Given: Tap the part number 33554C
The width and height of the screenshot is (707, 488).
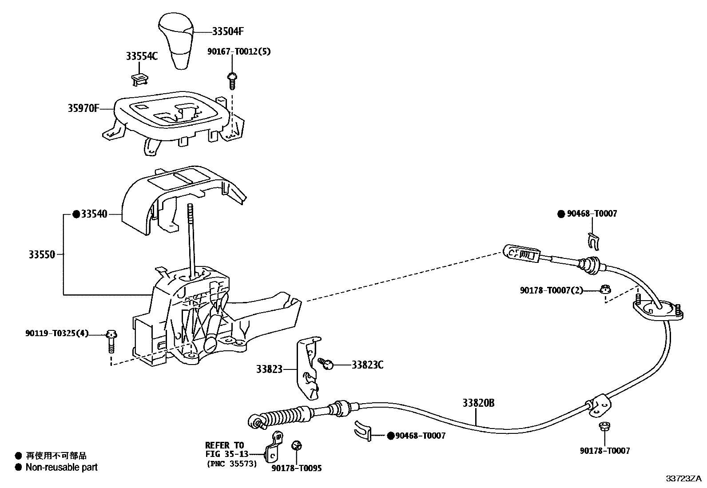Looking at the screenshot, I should tap(142, 56).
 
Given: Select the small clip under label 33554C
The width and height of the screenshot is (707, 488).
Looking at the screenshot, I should tap(139, 79).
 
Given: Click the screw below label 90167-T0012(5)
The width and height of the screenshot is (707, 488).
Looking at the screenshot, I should tap(232, 80).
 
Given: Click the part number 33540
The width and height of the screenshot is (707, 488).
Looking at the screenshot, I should tap(94, 214).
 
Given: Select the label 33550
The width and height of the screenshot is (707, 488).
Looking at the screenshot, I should tap(42, 255).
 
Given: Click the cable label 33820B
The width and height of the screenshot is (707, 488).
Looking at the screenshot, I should tap(478, 403).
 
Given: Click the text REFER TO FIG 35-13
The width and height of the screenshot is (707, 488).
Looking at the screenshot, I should tap(225, 449).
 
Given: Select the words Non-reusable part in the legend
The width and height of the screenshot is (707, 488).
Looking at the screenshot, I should tap(61, 467).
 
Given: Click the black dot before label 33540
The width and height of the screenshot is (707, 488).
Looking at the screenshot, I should tap(76, 214).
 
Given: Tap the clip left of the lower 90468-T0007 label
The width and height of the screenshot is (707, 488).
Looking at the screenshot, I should tap(362, 431).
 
